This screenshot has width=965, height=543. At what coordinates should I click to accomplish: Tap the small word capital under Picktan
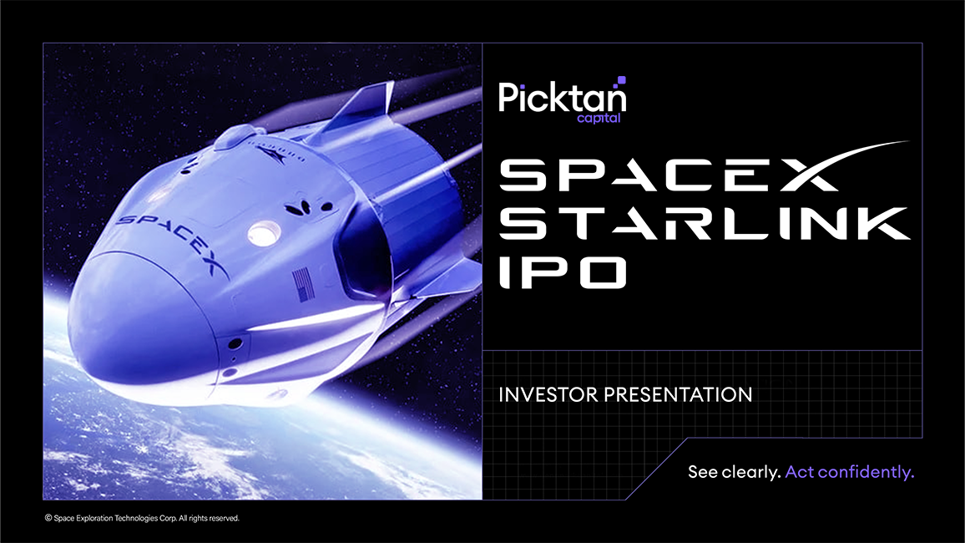click(599, 118)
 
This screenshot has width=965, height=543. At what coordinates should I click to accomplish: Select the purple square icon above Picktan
click(621, 80)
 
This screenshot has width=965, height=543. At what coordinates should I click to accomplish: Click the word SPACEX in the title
click(668, 175)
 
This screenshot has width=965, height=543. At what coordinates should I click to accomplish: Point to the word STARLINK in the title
click(704, 223)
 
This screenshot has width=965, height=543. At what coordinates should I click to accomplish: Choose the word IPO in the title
click(562, 271)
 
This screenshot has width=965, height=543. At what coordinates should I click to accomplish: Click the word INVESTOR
click(549, 394)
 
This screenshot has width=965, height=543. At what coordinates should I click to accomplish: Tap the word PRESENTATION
click(678, 394)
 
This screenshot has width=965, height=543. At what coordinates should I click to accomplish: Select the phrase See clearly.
click(735, 472)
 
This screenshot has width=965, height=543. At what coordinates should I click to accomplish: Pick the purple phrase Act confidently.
click(850, 472)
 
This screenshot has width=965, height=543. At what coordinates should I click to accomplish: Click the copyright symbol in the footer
click(48, 519)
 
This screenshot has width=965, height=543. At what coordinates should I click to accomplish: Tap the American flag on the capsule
click(303, 284)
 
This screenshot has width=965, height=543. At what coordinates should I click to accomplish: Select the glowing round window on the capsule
click(264, 233)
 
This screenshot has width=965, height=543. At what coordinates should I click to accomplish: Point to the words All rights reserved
click(209, 519)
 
